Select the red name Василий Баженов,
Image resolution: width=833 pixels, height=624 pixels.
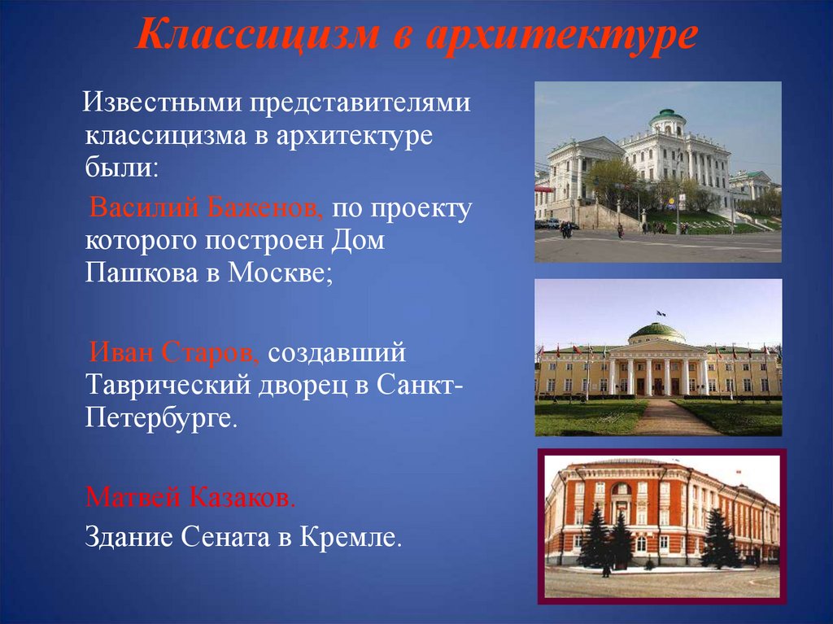tap(206, 207)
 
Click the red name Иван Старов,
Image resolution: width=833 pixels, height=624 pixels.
tap(174, 352)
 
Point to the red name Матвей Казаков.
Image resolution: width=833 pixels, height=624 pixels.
tap(190, 498)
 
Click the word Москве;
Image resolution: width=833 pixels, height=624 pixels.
tap(281, 273)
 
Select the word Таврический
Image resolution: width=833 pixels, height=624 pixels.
tap(168, 386)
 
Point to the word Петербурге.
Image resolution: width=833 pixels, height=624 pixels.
tap(160, 419)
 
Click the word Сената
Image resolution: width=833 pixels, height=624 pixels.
tap(226, 538)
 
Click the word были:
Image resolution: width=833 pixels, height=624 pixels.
tap(122, 167)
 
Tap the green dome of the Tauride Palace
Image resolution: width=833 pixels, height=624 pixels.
tap(656, 332)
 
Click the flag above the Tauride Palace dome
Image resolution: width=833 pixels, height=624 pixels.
tap(661, 313)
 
